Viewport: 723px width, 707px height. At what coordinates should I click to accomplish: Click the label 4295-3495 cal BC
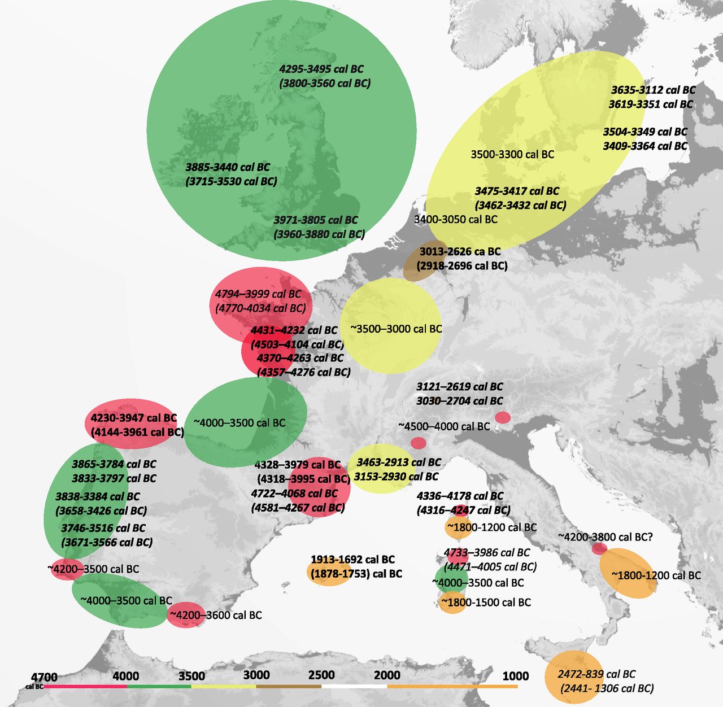coord(321,69)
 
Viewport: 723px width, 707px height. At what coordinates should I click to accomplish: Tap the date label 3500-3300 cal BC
coord(512,154)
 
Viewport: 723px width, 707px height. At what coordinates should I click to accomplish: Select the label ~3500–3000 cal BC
coord(396,329)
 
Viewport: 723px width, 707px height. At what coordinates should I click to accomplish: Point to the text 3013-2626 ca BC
coord(460,251)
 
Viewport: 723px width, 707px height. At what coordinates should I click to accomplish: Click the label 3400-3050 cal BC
coord(456,219)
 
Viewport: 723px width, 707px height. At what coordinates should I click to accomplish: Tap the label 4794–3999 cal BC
coord(258,294)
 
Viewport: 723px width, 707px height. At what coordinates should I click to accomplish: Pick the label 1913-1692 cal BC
coord(352,560)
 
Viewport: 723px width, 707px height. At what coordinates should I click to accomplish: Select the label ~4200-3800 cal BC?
coord(606,537)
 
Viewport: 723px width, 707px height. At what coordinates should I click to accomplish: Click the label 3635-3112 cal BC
coord(653,90)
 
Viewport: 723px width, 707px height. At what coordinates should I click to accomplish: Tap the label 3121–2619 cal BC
coord(459,387)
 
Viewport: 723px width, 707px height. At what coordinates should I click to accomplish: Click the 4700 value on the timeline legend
coord(44,677)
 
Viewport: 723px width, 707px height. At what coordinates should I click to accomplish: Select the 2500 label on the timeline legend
coord(321,675)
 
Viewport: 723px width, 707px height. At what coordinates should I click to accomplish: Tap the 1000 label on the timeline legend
coord(516,676)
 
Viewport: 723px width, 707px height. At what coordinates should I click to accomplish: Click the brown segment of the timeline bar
coord(289,687)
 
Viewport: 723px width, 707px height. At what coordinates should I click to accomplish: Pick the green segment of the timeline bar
coord(159,687)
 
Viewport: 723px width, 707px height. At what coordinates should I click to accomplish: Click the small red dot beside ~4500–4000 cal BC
coord(418,443)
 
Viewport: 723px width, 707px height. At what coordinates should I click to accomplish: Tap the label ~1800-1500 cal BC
coord(486,603)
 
